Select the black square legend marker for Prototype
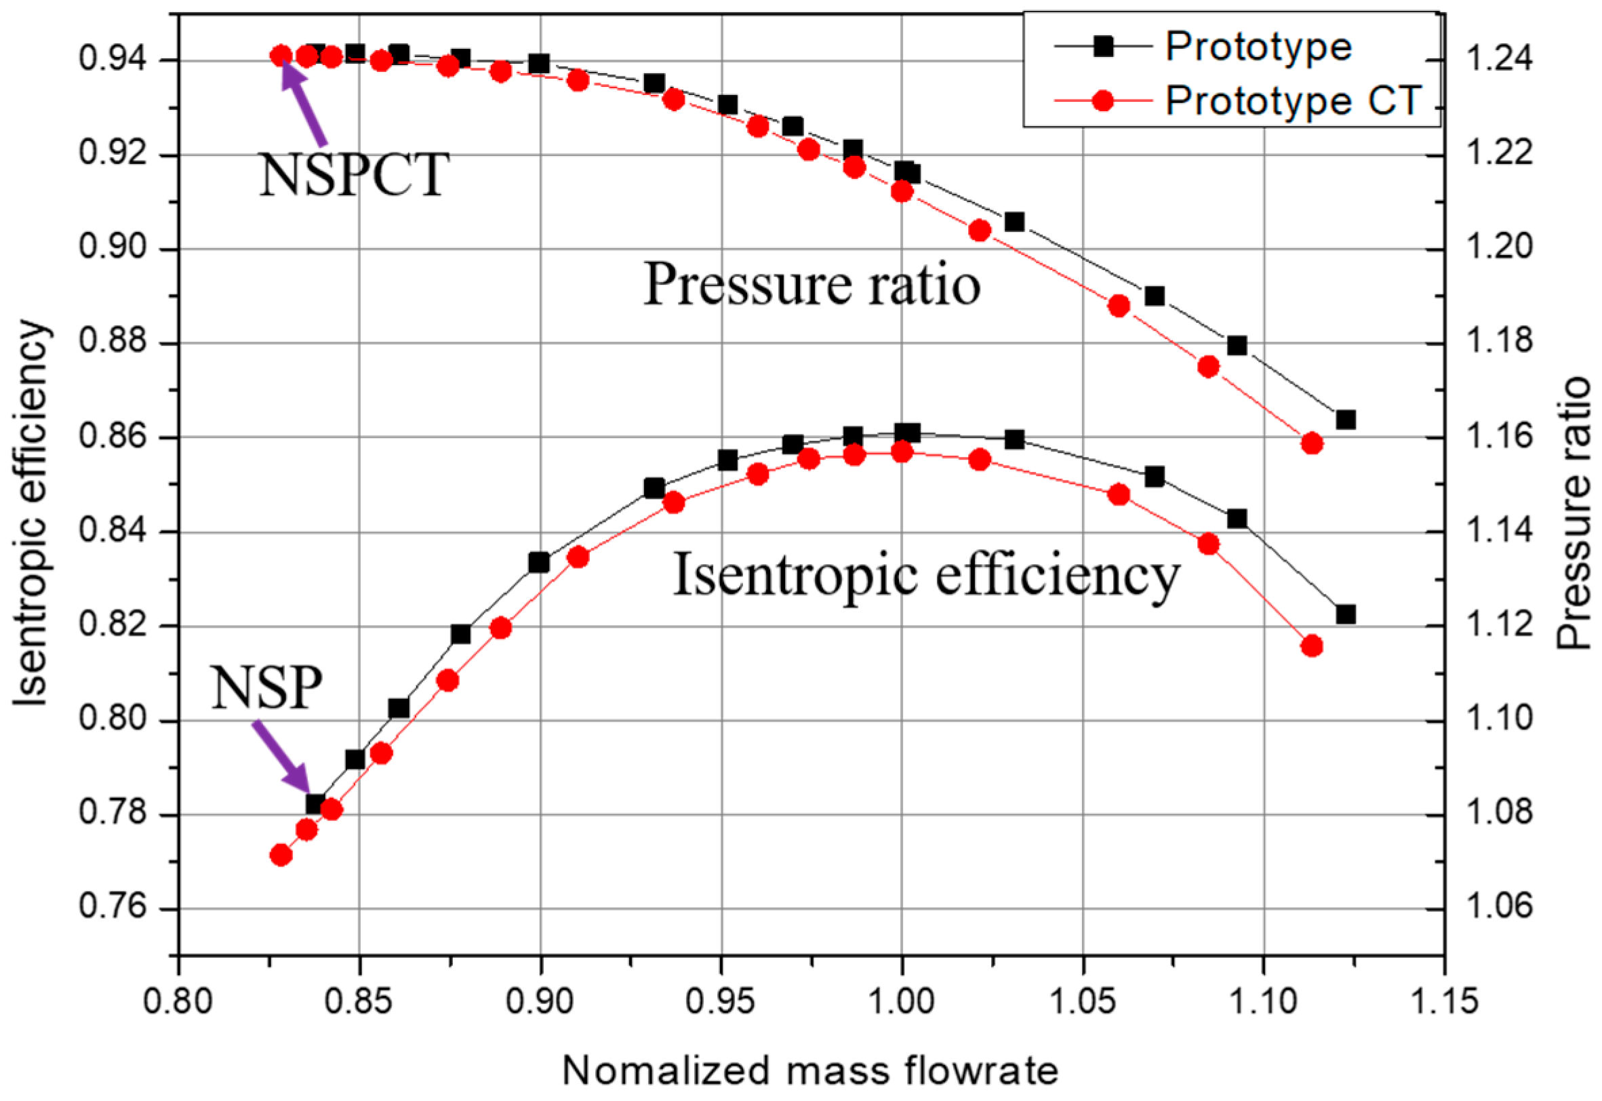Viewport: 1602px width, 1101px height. point(1104,47)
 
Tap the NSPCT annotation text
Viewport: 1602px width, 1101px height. point(354,176)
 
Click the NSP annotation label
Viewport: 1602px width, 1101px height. point(266,687)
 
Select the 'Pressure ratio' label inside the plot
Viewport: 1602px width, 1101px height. point(812,284)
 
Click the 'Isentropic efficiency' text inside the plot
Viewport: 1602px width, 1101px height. point(926,575)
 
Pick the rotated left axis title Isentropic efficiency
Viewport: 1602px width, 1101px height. point(31,514)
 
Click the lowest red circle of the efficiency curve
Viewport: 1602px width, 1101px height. point(281,856)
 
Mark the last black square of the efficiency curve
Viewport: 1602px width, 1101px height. point(1345,614)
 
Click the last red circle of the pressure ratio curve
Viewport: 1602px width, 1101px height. point(1312,443)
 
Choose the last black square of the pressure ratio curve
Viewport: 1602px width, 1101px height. point(1345,420)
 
